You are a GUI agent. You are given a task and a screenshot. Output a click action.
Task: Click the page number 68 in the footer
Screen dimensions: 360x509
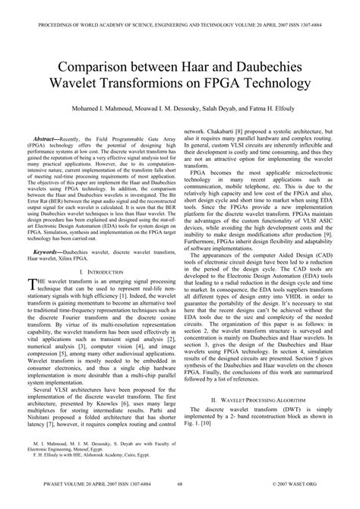point(179,502)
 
